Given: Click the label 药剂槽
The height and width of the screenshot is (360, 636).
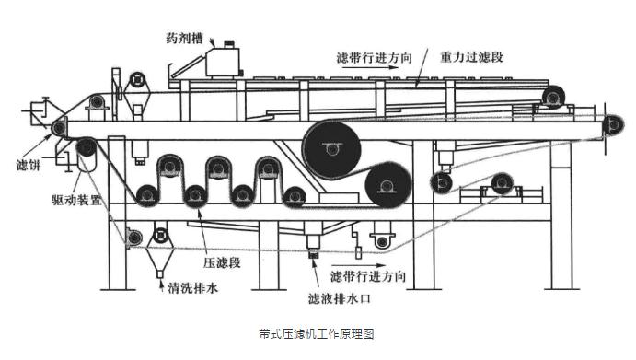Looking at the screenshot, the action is [185, 39].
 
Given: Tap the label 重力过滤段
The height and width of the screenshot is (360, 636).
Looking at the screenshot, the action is [472, 57].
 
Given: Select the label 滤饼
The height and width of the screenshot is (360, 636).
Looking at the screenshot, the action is [29, 165].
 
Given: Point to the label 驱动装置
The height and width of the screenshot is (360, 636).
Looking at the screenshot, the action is [76, 199].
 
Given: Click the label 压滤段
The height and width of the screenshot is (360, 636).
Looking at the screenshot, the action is [222, 262].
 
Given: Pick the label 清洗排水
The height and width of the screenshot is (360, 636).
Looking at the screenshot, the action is [193, 288].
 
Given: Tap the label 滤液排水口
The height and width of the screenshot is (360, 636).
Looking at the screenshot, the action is [340, 299].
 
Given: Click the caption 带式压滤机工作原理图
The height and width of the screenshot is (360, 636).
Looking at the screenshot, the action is [317, 334].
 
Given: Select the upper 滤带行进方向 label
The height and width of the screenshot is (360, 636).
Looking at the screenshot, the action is [374, 58].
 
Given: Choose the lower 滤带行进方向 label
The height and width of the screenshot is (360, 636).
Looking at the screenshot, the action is [368, 277].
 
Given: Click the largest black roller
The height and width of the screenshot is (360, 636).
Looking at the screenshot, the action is [331, 149].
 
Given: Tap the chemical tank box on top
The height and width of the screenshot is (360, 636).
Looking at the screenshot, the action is [223, 62].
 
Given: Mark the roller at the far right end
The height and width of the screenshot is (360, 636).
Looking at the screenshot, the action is [613, 125].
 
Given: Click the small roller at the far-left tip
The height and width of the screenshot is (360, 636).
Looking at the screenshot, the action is [59, 128].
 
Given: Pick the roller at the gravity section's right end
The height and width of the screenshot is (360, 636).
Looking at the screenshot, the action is [552, 97].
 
